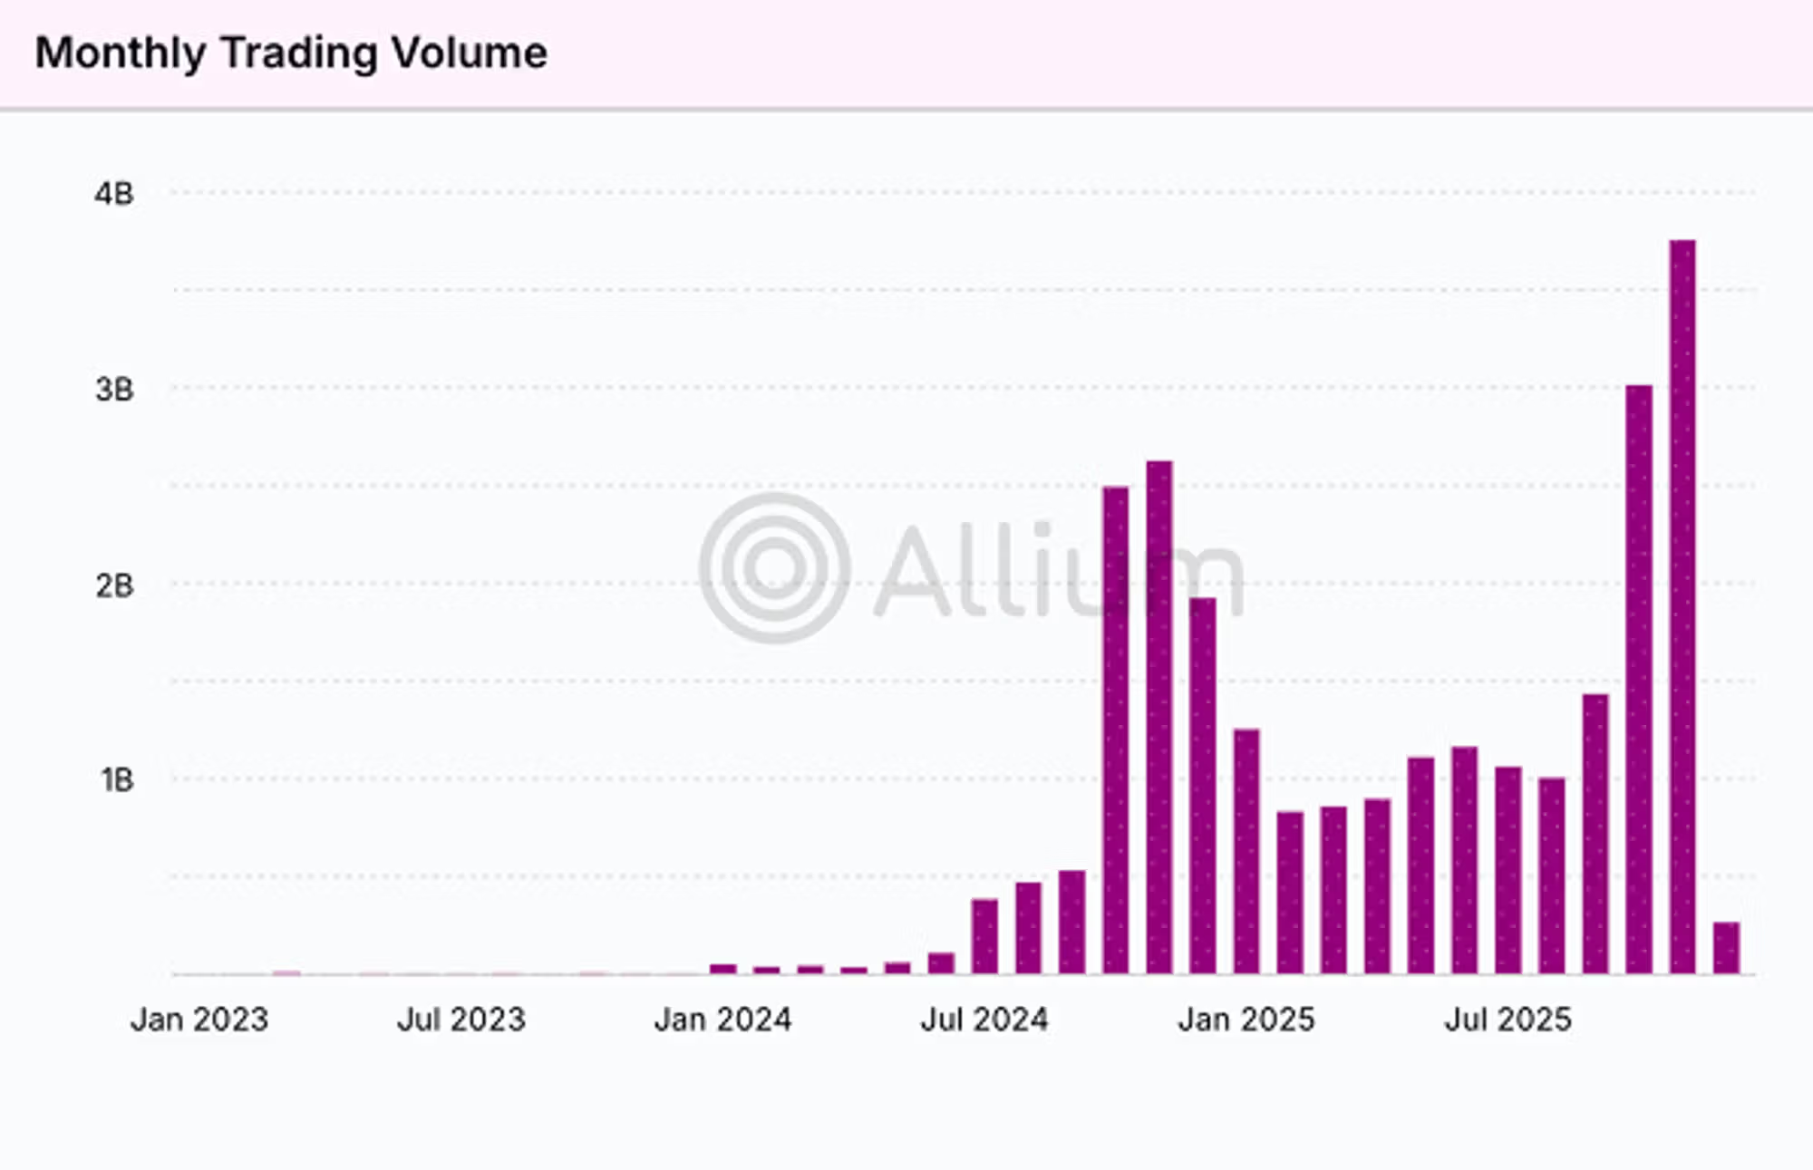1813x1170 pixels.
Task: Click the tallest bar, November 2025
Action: pos(1682,607)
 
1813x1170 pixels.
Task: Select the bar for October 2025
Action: pos(1639,680)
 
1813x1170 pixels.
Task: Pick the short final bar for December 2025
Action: pos(1726,948)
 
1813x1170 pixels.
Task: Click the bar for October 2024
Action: pos(1116,730)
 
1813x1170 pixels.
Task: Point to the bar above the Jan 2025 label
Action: pos(1246,852)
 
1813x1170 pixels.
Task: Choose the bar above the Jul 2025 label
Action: pos(1508,871)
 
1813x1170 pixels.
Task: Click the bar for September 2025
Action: pos(1595,835)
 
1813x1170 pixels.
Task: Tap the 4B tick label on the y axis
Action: pos(114,194)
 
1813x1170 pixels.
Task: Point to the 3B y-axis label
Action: pos(114,390)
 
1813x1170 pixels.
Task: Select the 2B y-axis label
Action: pos(114,586)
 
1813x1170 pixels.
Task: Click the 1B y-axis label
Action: pos(117,780)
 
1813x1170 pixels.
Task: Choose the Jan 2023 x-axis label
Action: pos(199,1020)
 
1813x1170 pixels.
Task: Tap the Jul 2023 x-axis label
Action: pos(461,1020)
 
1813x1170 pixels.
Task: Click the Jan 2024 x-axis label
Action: pos(722,1020)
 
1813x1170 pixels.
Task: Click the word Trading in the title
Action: pos(298,53)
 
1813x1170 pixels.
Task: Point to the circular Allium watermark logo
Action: pos(775,568)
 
